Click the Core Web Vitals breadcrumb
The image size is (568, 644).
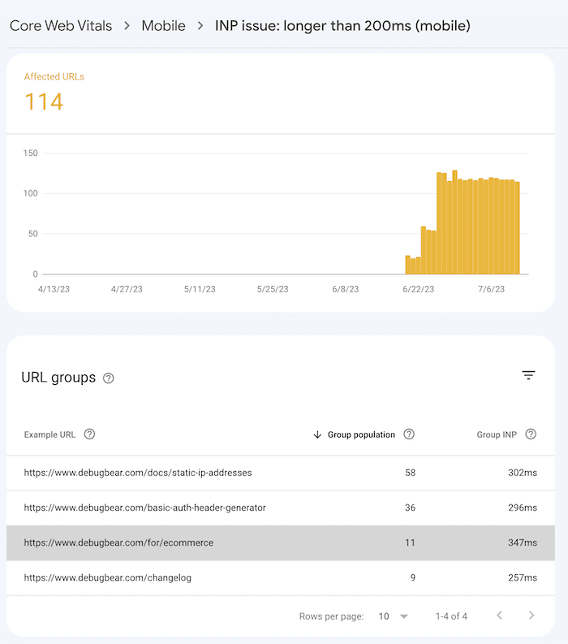(x=61, y=26)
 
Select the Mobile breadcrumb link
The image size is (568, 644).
(x=163, y=26)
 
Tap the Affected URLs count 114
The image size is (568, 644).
(x=44, y=102)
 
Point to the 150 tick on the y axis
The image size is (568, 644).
(x=31, y=153)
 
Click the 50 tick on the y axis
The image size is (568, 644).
(x=33, y=234)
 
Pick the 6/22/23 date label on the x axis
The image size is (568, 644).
(x=419, y=289)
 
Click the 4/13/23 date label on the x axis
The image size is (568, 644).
(x=54, y=289)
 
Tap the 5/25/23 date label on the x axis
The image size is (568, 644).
(x=273, y=289)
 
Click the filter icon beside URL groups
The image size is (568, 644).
(x=528, y=375)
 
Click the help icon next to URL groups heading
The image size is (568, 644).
(x=109, y=378)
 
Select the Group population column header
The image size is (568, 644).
(x=361, y=434)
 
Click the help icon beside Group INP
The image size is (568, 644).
(x=531, y=434)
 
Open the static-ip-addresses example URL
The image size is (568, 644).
(x=138, y=473)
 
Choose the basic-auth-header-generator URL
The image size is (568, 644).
(x=145, y=508)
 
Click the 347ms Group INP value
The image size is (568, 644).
(x=519, y=542)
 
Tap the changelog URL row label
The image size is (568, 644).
(x=107, y=577)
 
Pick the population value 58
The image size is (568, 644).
(x=410, y=473)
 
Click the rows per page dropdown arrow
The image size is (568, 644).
(x=404, y=616)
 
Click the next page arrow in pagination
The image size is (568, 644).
(x=531, y=616)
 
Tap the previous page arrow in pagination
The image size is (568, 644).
(x=499, y=616)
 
